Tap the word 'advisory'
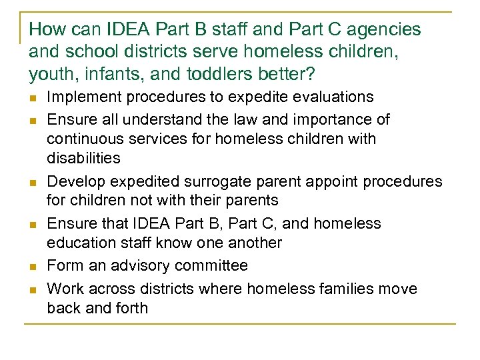coord(139,265)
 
